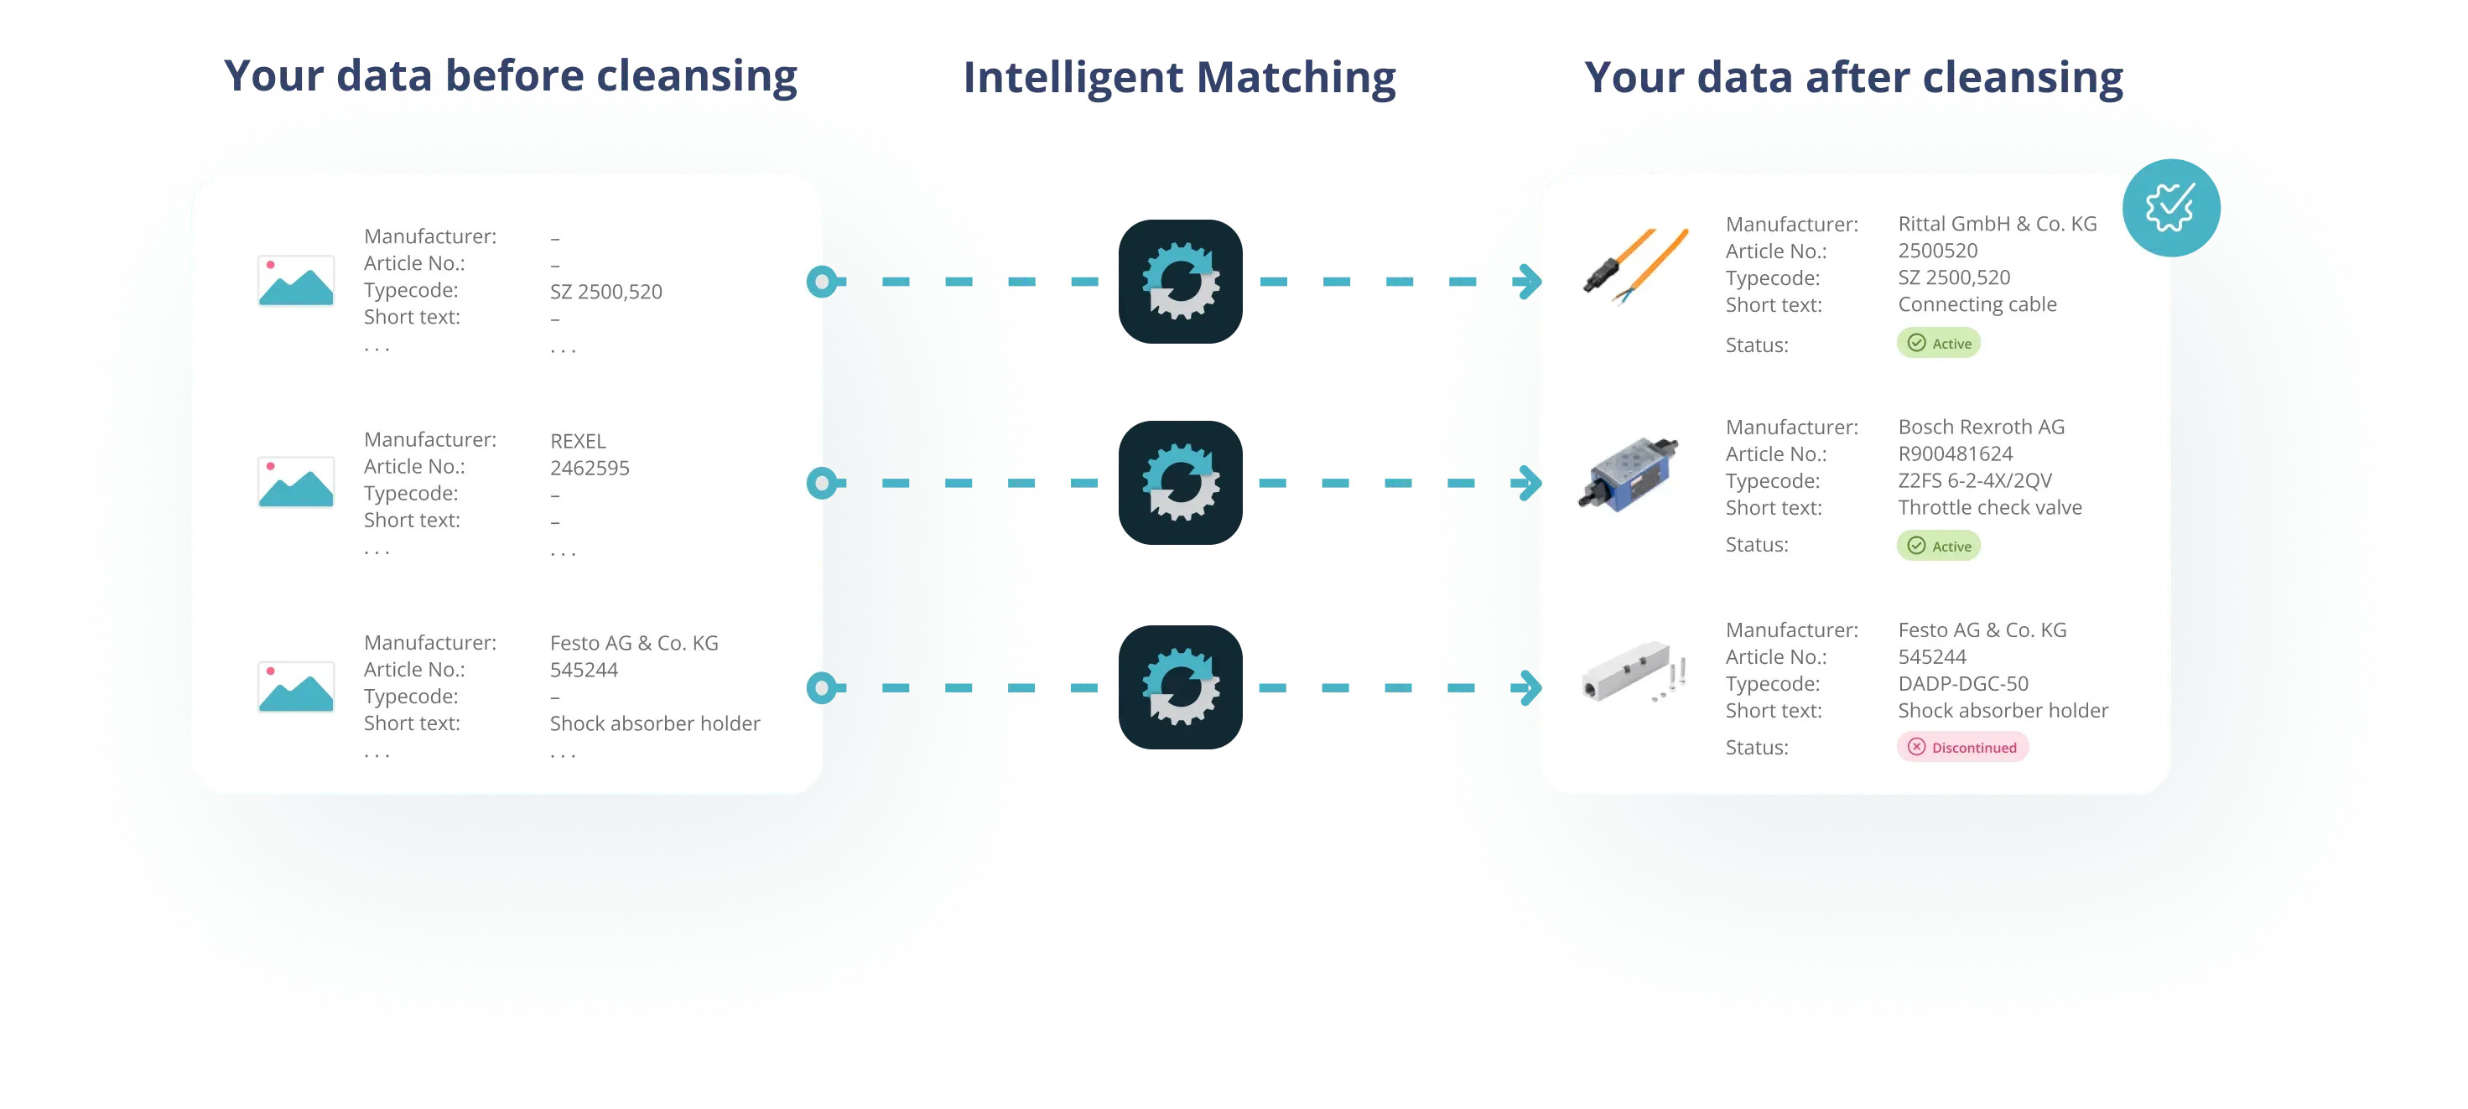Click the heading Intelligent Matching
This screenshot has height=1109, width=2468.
point(1178,79)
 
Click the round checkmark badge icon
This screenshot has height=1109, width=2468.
point(2170,208)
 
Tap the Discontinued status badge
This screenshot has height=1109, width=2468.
point(1962,747)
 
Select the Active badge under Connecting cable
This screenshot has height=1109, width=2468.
point(1938,343)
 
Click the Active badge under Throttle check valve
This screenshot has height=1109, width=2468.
point(1938,546)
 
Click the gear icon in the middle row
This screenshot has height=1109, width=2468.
point(1181,483)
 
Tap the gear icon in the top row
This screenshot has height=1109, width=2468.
point(1181,282)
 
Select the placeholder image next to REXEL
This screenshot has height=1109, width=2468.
point(296,482)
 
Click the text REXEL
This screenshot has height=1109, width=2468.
point(578,442)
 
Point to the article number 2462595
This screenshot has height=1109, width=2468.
point(590,469)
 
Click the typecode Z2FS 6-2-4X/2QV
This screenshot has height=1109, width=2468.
point(1975,481)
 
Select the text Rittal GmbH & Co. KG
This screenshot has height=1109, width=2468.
point(1997,224)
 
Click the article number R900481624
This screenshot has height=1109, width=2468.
point(1955,454)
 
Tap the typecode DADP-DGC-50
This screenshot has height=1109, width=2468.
point(1962,684)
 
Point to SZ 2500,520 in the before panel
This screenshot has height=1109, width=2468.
point(605,292)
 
